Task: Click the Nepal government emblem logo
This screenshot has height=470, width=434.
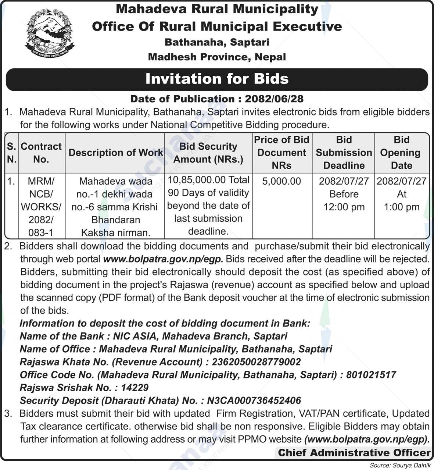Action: pos(49,34)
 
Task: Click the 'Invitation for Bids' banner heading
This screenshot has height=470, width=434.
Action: pos(217,79)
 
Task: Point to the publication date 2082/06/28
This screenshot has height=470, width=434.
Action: pos(274,99)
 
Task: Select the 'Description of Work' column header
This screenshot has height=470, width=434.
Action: pos(115,153)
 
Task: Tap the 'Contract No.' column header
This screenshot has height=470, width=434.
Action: pos(41,153)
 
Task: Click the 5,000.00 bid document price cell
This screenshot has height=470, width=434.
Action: pos(281,181)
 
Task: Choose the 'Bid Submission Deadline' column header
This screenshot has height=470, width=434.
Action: pos(344,153)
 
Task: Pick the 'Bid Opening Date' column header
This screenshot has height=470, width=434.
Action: pos(402,153)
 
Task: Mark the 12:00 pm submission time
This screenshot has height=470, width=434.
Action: pos(344,207)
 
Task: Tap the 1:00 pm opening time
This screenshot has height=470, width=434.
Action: pos(402,207)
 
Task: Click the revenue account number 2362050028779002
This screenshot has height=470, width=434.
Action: pos(256,362)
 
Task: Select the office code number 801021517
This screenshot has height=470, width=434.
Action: pos(371,375)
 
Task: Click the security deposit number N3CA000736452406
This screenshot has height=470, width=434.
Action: pos(254,400)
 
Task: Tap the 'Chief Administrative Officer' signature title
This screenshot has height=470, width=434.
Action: pos(354,453)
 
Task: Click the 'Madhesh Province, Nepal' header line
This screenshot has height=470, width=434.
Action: pos(217,57)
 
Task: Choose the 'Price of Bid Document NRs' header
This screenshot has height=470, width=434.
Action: pos(281,153)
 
